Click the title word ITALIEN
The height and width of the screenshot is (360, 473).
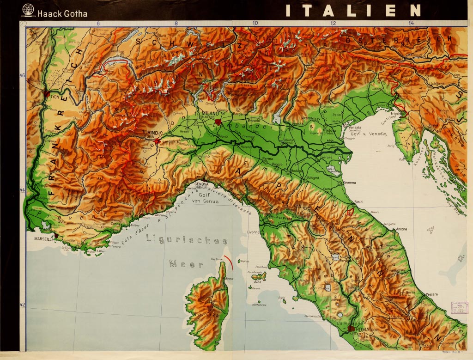coord(353,11)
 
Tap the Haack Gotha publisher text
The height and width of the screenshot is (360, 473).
coord(62,13)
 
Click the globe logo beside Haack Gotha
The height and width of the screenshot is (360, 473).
coord(28,11)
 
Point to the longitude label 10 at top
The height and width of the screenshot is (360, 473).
coord(255,23)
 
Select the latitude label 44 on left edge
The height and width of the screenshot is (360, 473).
coord(22,190)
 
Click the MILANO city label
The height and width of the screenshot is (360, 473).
coord(211,113)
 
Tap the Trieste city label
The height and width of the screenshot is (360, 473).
coord(396,113)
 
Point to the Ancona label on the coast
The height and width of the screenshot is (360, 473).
coord(400,229)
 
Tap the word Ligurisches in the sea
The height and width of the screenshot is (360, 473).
coord(187,240)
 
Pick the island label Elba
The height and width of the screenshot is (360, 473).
coord(258,281)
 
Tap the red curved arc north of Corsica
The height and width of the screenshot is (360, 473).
coord(230,262)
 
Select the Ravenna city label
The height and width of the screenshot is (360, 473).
coord(349,182)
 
